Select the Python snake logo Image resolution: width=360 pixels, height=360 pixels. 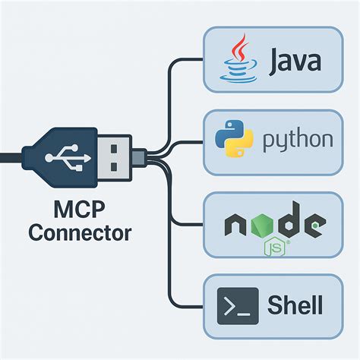click(x=234, y=139)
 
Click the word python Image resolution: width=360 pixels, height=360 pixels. click(x=298, y=141)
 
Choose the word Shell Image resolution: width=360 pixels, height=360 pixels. click(x=295, y=305)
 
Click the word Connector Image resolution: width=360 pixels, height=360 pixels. click(x=79, y=232)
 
